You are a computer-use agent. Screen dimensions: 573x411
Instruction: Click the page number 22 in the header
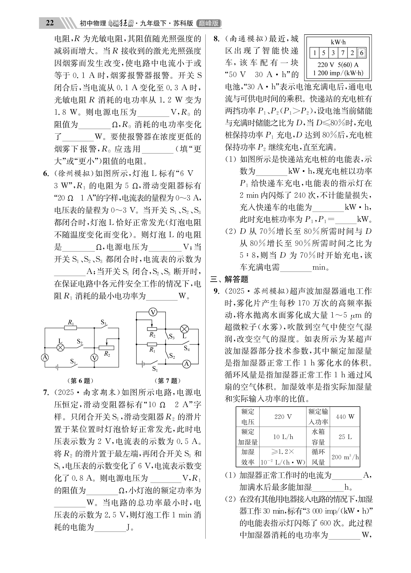tap(50, 23)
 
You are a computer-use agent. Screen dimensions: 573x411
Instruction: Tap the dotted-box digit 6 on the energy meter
tap(362, 53)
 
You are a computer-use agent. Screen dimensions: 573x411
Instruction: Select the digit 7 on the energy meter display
tap(343, 53)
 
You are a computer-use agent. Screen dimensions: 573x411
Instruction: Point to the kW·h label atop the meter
tap(338, 42)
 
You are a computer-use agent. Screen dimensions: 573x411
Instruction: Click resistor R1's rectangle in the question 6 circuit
tap(70, 328)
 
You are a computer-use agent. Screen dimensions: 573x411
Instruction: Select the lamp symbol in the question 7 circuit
tap(184, 329)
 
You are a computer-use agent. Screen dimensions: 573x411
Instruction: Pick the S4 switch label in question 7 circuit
tap(187, 349)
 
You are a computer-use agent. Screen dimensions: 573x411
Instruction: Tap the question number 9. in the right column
tap(217, 291)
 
